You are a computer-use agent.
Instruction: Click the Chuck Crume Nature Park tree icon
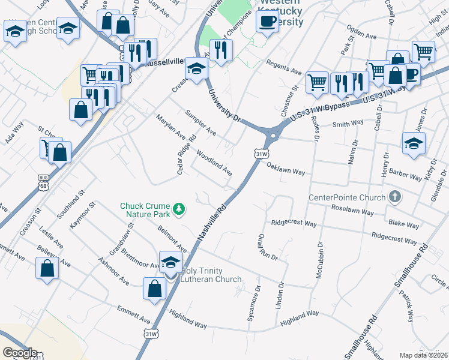[x=178, y=209]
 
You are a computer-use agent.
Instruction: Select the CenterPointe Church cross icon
[x=395, y=197]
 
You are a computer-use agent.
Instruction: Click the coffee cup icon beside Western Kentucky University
[x=267, y=22]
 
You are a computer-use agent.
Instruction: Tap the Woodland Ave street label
[x=214, y=162]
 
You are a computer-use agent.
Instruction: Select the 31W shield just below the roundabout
[x=261, y=154]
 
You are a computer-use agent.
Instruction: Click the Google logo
[x=19, y=353]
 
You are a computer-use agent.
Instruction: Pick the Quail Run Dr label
[x=267, y=247]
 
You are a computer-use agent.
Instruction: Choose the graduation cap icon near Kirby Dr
[x=414, y=144]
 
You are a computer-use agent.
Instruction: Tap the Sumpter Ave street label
[x=200, y=122]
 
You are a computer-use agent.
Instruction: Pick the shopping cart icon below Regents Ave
[x=317, y=82]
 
